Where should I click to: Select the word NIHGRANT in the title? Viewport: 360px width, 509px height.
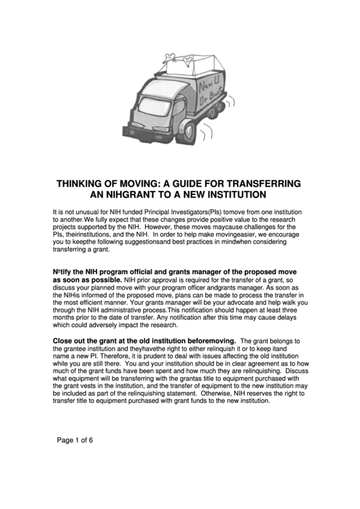[x=127, y=195]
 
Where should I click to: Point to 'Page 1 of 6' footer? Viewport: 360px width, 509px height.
[x=74, y=439]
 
